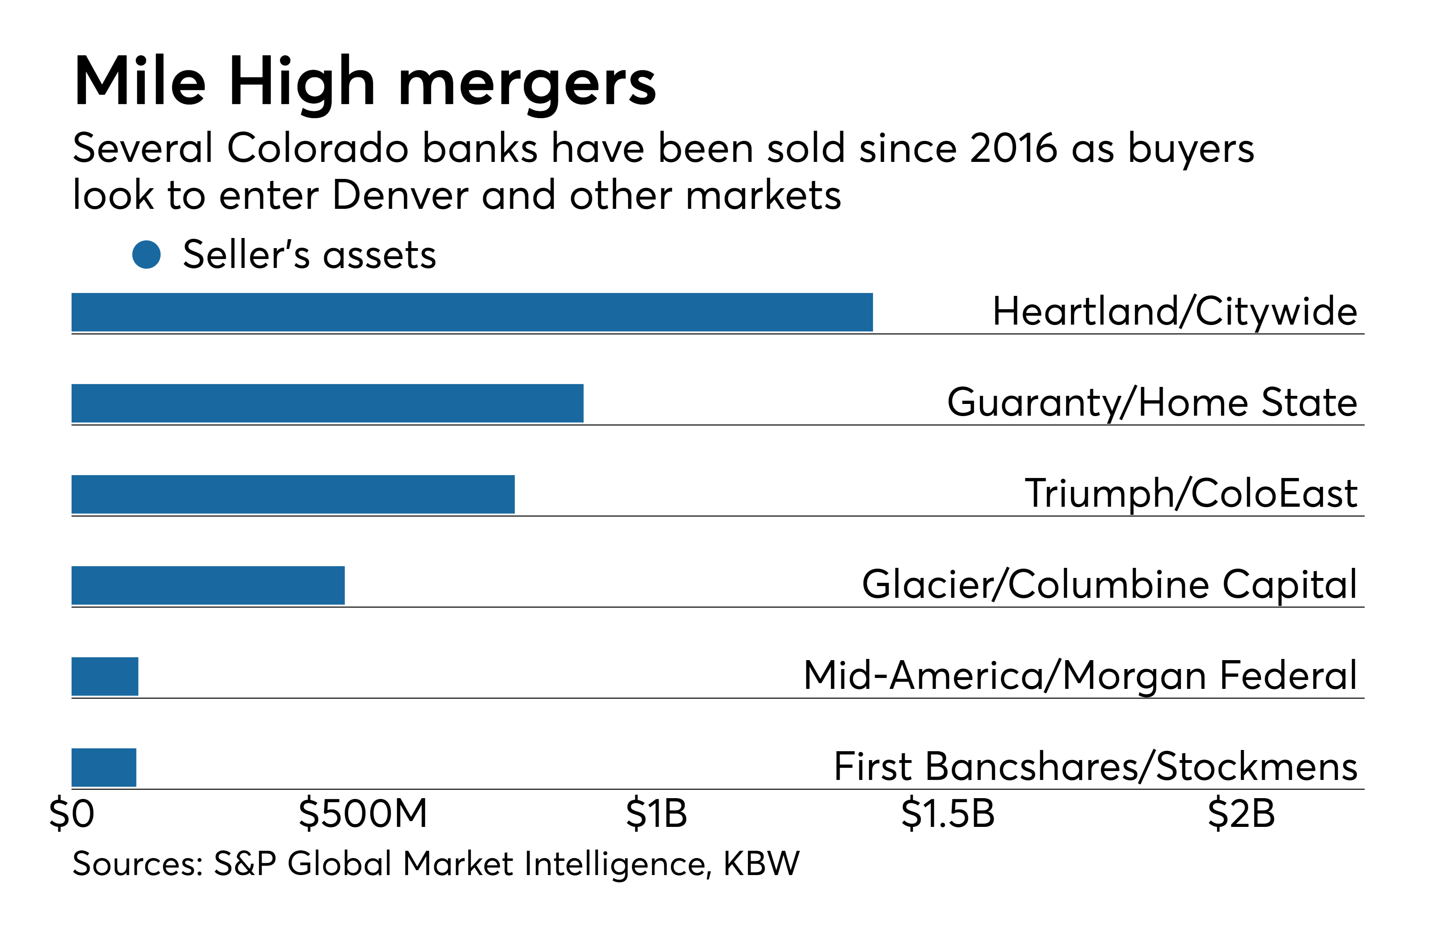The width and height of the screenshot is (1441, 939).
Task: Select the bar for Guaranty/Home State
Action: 327,403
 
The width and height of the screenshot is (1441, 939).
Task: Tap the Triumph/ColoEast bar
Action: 293,494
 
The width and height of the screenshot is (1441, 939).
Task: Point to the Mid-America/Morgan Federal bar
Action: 105,676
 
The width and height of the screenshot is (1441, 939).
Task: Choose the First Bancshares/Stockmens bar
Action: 104,768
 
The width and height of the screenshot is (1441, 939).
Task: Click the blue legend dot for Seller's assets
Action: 147,255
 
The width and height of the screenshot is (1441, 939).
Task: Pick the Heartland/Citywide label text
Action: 1175,312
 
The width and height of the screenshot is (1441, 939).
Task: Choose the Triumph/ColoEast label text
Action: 1191,494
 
